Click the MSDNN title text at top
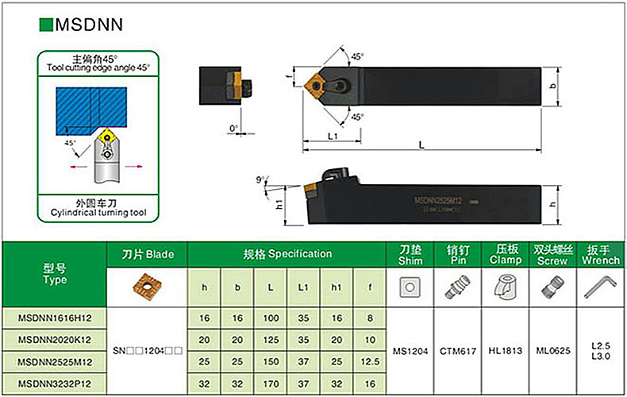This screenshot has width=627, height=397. click(88, 24)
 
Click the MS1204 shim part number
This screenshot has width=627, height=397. click(410, 349)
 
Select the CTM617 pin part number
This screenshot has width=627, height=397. click(458, 349)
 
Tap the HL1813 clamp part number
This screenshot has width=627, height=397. click(505, 349)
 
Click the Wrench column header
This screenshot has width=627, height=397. click(600, 260)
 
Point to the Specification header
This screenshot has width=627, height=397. click(287, 254)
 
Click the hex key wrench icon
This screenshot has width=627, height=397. click(600, 286)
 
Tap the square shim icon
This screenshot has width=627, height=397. click(410, 286)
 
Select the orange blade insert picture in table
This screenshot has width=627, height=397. click(147, 286)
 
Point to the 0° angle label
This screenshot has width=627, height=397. click(234, 128)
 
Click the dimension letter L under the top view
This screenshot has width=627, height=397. click(421, 145)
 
